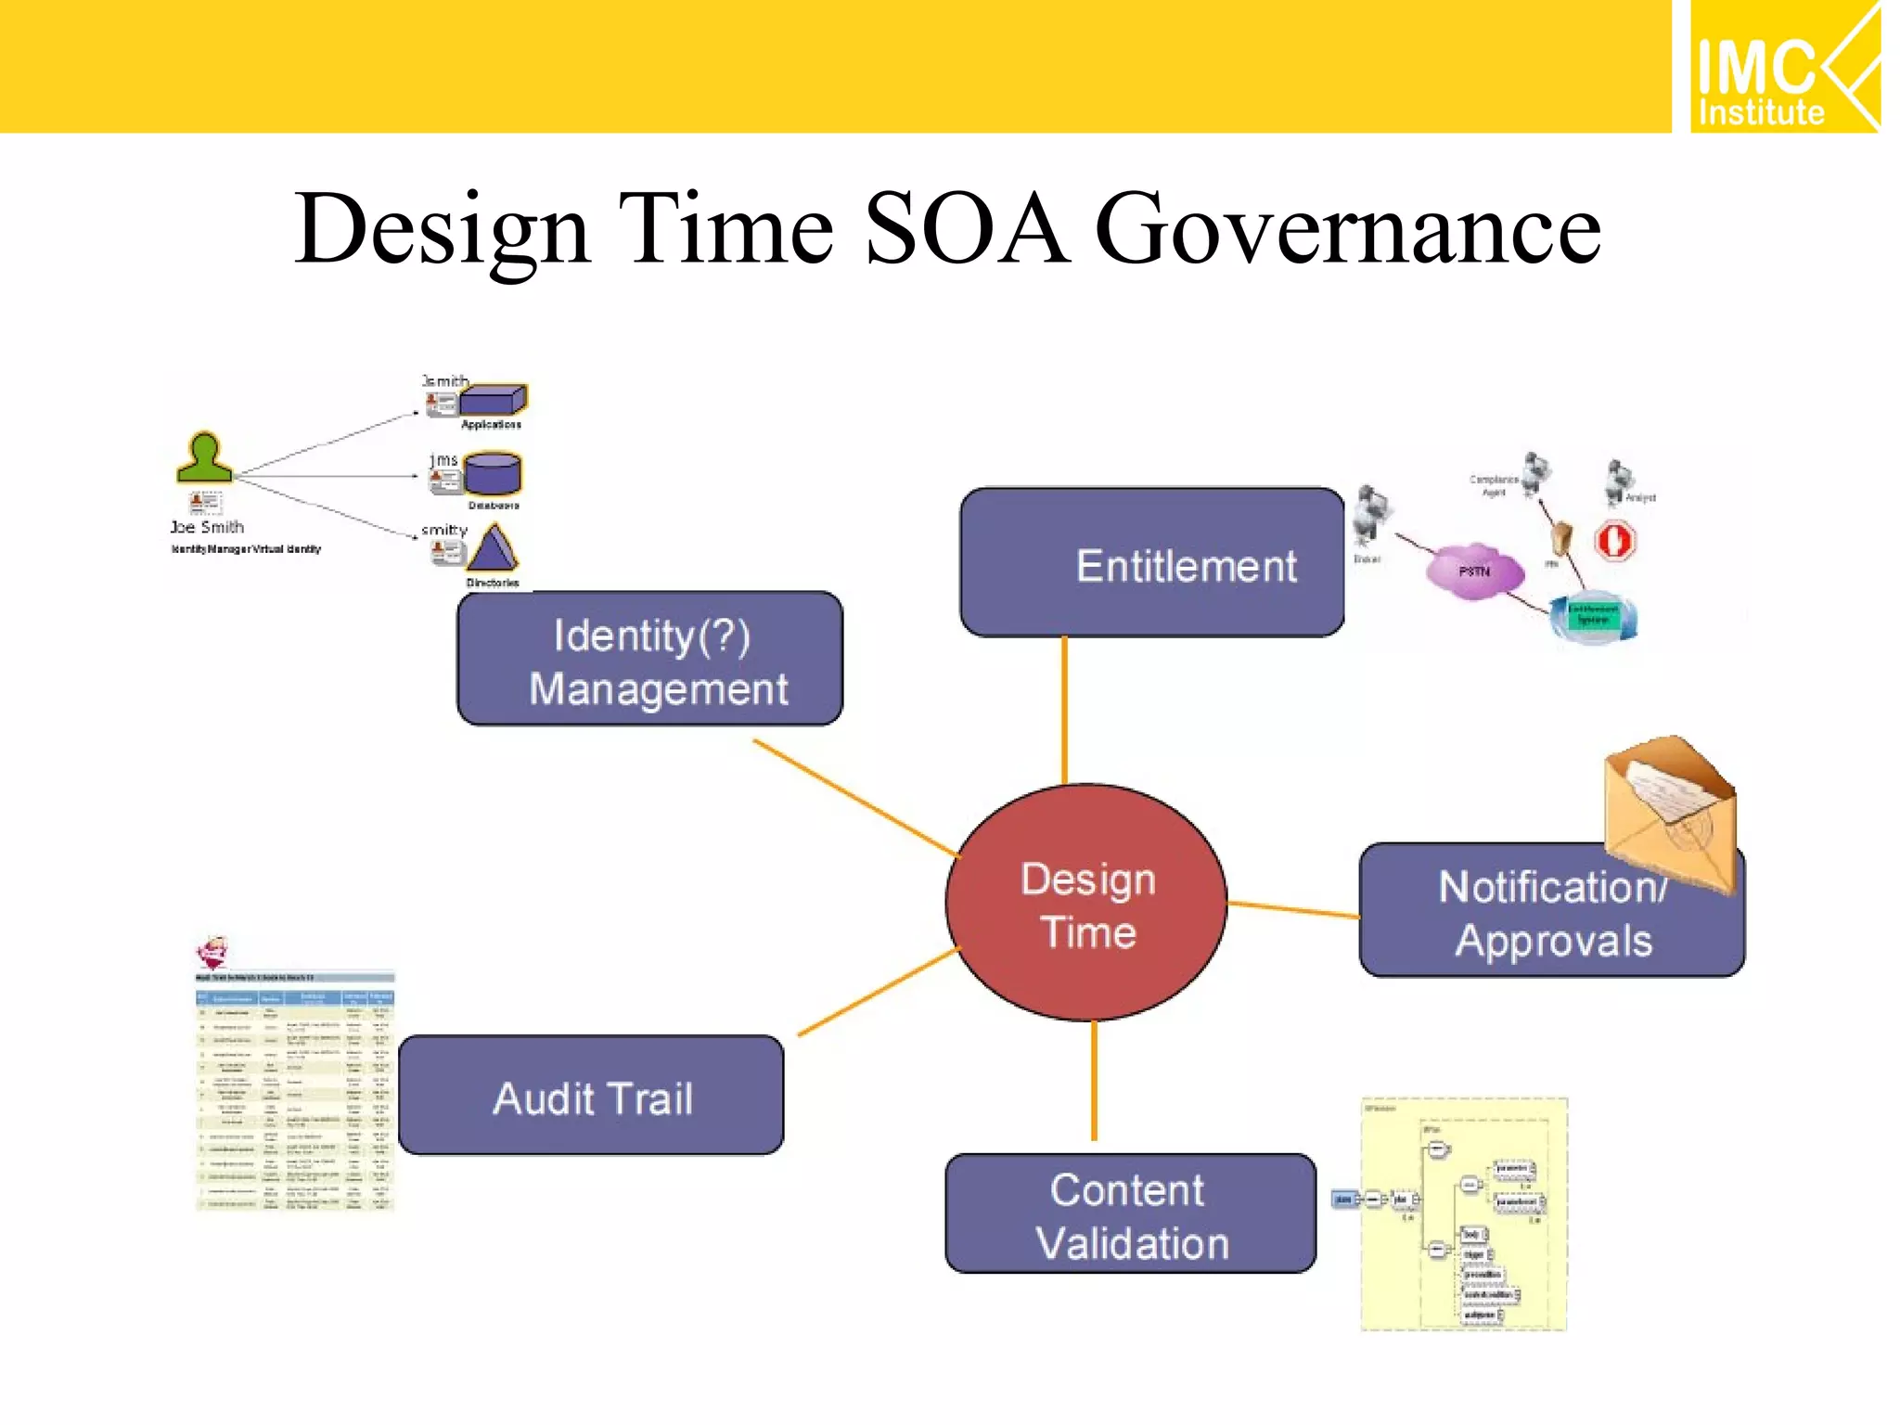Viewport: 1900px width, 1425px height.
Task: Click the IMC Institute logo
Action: click(x=1783, y=67)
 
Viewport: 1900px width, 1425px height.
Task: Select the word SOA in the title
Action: click(x=965, y=229)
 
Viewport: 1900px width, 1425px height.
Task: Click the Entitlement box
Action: click(x=1151, y=563)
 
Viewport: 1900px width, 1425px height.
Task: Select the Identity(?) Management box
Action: click(x=649, y=659)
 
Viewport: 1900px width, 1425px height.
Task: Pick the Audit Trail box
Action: click(x=591, y=1097)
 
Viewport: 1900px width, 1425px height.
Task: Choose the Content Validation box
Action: click(x=1130, y=1214)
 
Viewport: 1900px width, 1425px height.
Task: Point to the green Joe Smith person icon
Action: click(x=204, y=458)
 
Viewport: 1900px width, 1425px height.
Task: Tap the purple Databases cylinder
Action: click(x=493, y=473)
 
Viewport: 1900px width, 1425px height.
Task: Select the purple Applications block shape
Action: click(x=493, y=400)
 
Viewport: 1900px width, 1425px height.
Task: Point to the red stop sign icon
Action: click(x=1614, y=540)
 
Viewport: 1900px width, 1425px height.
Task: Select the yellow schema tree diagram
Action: click(x=1464, y=1215)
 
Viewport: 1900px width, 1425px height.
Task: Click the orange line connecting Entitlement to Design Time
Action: click(x=1064, y=710)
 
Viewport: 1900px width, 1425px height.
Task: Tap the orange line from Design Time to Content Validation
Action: click(x=1094, y=1081)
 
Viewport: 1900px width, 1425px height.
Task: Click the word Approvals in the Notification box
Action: click(x=1553, y=941)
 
